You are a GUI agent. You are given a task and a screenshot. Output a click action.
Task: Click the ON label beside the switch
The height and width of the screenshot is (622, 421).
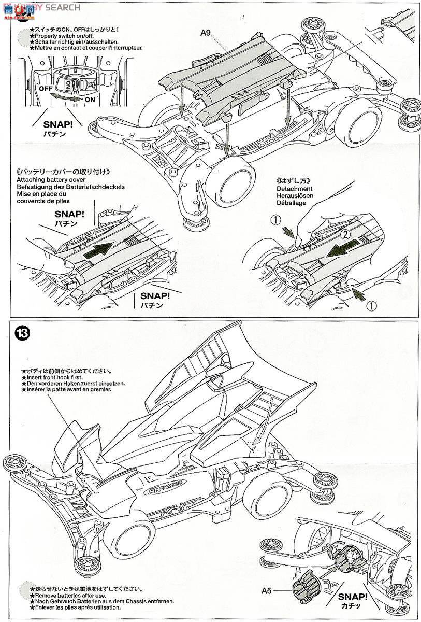90,100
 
